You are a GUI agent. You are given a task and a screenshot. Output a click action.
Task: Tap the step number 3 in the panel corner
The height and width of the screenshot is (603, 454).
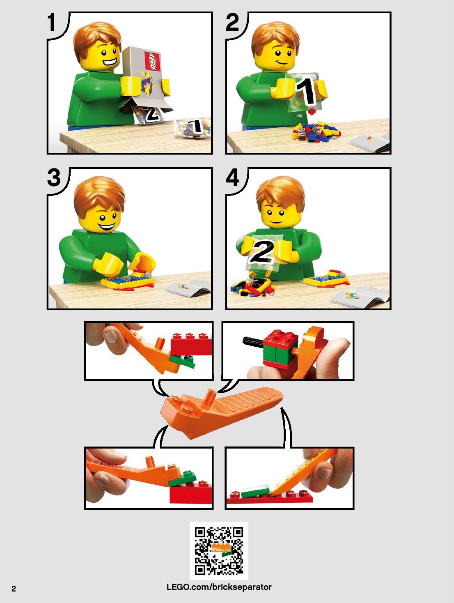click(x=54, y=177)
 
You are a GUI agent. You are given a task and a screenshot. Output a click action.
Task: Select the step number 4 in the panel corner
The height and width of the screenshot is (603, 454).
click(x=232, y=177)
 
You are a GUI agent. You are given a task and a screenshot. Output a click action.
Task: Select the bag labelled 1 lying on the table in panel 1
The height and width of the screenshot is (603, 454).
click(x=193, y=128)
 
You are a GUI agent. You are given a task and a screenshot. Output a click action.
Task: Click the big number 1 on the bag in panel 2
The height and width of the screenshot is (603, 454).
click(x=306, y=91)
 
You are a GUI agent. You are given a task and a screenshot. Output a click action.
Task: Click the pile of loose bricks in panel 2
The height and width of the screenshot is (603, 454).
click(x=316, y=132)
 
